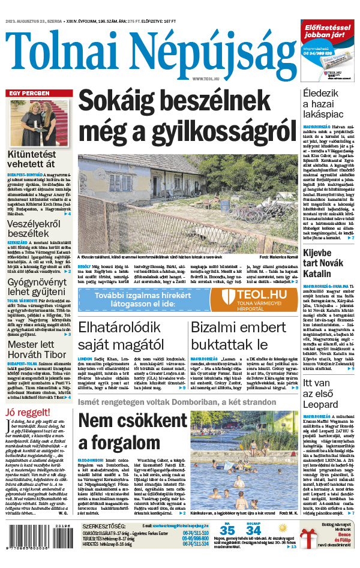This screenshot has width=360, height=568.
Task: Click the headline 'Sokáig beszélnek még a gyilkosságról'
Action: coord(187,115)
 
